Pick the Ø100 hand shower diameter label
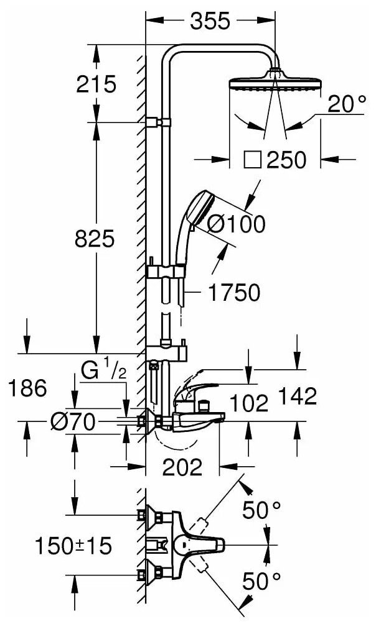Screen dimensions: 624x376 [236, 224]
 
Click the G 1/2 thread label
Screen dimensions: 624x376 [103, 372]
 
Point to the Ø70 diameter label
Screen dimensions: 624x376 [72, 423]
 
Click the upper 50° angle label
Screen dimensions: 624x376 [261, 510]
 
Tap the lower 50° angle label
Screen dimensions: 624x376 [261, 582]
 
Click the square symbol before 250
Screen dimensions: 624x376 [252, 160]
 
